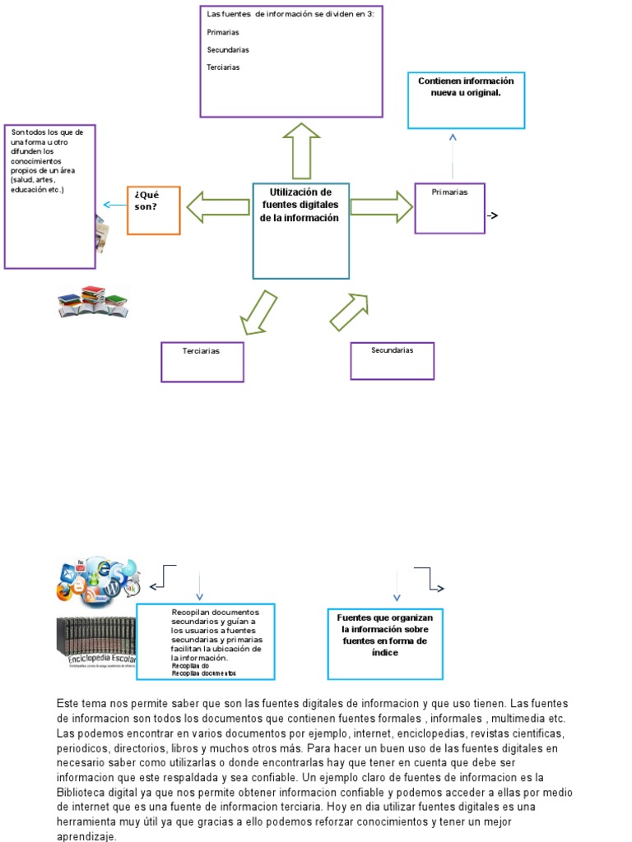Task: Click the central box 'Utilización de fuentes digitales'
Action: pos(300,230)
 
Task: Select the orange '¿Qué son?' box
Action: pos(153,210)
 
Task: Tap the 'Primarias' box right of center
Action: pos(449,208)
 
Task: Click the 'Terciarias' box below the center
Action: pos(202,362)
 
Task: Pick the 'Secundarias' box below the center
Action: pos(392,360)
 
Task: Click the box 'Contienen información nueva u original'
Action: pos(466,100)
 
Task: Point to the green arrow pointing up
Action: pos(301,150)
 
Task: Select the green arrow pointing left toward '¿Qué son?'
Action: pos(217,206)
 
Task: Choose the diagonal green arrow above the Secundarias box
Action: pos(349,312)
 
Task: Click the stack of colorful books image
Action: pos(92,302)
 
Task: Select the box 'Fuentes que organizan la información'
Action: pos(385,644)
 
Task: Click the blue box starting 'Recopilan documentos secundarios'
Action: pos(206,641)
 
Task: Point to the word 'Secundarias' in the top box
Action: pos(228,50)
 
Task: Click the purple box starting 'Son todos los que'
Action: pos(50,197)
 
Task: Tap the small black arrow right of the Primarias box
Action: pos(493,216)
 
